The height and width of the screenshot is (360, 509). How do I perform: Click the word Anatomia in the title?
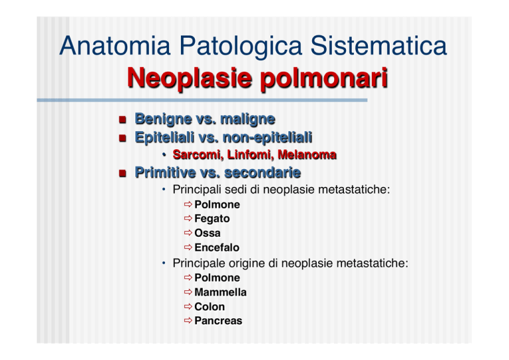click(115, 46)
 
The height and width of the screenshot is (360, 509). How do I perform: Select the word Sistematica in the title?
click(378, 46)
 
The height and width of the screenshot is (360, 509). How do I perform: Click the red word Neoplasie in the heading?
click(190, 78)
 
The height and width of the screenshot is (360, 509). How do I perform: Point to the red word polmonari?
click(324, 78)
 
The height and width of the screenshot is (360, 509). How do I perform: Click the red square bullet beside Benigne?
click(123, 120)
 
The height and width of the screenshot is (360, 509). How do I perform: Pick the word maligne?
click(248, 119)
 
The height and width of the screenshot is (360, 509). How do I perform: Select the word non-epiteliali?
click(268, 137)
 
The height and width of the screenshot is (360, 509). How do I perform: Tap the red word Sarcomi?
click(198, 155)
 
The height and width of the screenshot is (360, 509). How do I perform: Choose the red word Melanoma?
click(307, 155)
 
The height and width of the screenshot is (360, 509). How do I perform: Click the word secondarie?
click(262, 172)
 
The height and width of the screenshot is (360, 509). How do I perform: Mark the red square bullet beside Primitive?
click(123, 173)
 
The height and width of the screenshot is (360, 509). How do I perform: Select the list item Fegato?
click(212, 219)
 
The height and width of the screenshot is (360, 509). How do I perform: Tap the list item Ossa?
click(207, 233)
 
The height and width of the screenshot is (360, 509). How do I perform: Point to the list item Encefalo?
click(217, 248)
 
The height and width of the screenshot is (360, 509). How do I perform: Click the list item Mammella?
click(221, 292)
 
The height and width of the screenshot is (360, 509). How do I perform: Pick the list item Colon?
click(209, 307)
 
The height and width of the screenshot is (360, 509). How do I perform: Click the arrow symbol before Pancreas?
click(188, 321)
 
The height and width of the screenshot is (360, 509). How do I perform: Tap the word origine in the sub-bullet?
click(247, 263)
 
